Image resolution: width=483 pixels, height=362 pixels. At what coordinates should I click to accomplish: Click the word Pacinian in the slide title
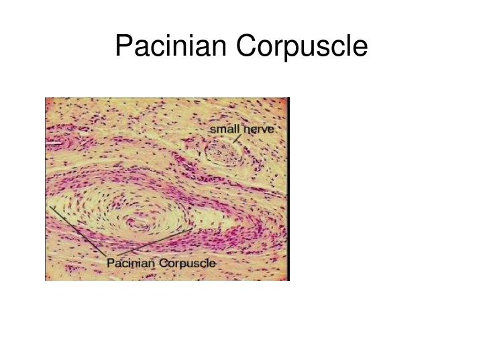[x=173, y=46]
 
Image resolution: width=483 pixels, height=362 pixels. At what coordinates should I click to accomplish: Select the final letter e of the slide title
[x=362, y=48]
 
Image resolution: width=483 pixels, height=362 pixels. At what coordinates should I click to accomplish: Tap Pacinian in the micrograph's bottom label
[x=130, y=263]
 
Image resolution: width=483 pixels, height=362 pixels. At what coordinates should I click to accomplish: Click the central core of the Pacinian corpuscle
[x=140, y=221]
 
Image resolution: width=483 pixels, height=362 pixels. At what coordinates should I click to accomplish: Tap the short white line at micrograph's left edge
[x=52, y=142]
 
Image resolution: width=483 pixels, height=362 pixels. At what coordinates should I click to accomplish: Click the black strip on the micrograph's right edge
[x=288, y=188]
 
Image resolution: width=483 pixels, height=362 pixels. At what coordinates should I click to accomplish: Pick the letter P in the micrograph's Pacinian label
[x=111, y=263]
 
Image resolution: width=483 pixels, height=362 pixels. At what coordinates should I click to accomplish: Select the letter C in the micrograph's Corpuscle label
[x=163, y=263]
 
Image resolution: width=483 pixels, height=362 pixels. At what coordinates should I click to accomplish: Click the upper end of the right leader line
[x=195, y=227]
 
